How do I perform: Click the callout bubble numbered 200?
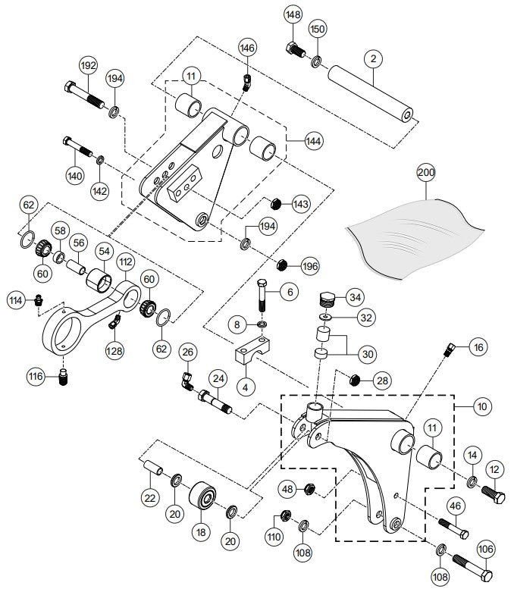(x=426, y=173)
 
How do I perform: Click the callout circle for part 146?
(x=247, y=48)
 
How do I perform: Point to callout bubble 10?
(x=482, y=406)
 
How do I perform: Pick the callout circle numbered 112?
(x=125, y=262)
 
